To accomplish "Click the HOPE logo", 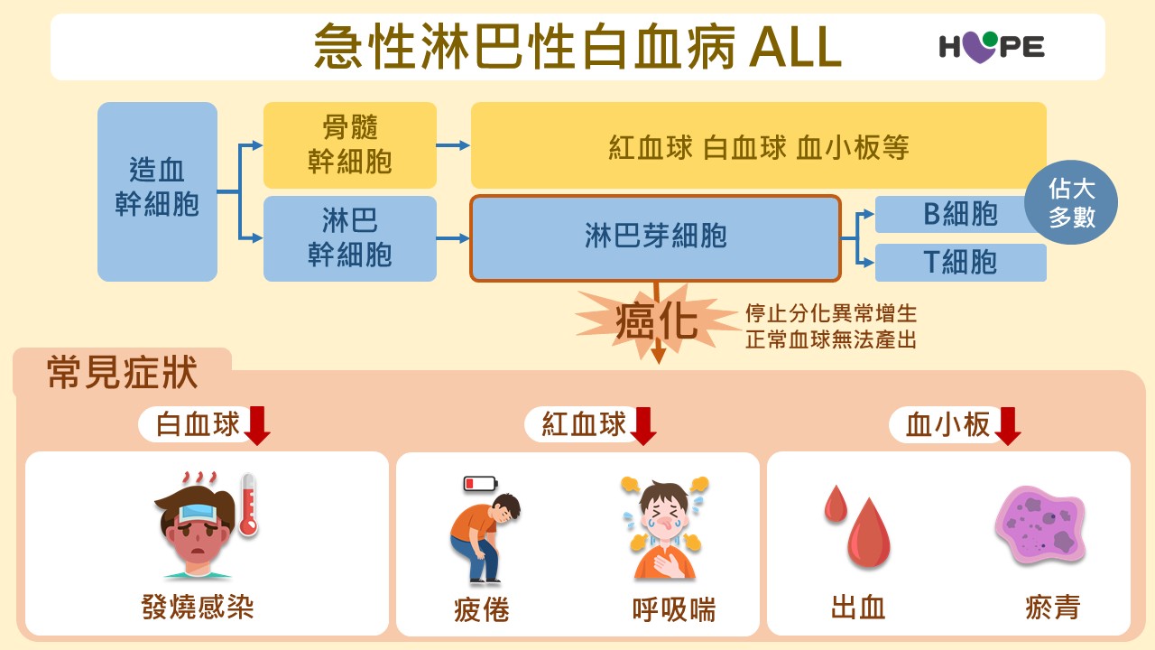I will pos(991,45).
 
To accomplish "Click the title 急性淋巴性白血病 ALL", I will pos(577,46).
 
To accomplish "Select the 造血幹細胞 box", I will pos(157,190).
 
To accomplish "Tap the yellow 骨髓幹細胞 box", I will pos(350,144).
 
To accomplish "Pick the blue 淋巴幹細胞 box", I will pos(350,238).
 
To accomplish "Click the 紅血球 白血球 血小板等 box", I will pos(758,145).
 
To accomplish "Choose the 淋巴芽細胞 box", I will pos(656,237).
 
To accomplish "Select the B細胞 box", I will pos(951,215).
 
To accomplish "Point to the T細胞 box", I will pos(960,262).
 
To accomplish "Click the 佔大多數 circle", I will pos(1071,202).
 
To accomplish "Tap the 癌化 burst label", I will pos(656,320).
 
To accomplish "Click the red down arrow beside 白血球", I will pos(257,425).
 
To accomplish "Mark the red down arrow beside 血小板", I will pos(1007,425).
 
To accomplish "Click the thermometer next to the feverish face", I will pos(248,506).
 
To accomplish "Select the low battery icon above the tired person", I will pos(480,484).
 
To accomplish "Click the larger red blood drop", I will pos(868,534).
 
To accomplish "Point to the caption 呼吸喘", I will pos(674,610).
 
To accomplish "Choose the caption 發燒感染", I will pos(198,607).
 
